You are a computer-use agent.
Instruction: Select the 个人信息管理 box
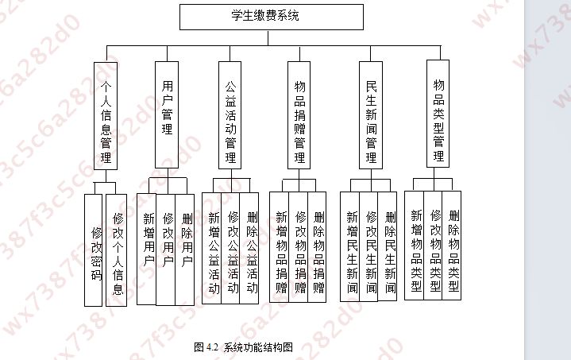[105, 116]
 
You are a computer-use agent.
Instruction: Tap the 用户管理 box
[167, 111]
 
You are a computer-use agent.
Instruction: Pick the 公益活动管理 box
[230, 114]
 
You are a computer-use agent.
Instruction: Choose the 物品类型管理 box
[438, 112]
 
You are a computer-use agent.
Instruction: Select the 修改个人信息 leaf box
[117, 250]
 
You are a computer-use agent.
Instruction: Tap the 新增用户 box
[148, 249]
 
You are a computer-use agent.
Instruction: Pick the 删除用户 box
[186, 249]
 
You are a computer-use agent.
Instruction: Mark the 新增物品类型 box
[415, 246]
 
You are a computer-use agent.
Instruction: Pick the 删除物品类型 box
[453, 246]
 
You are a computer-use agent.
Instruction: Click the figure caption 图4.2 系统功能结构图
[244, 346]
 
